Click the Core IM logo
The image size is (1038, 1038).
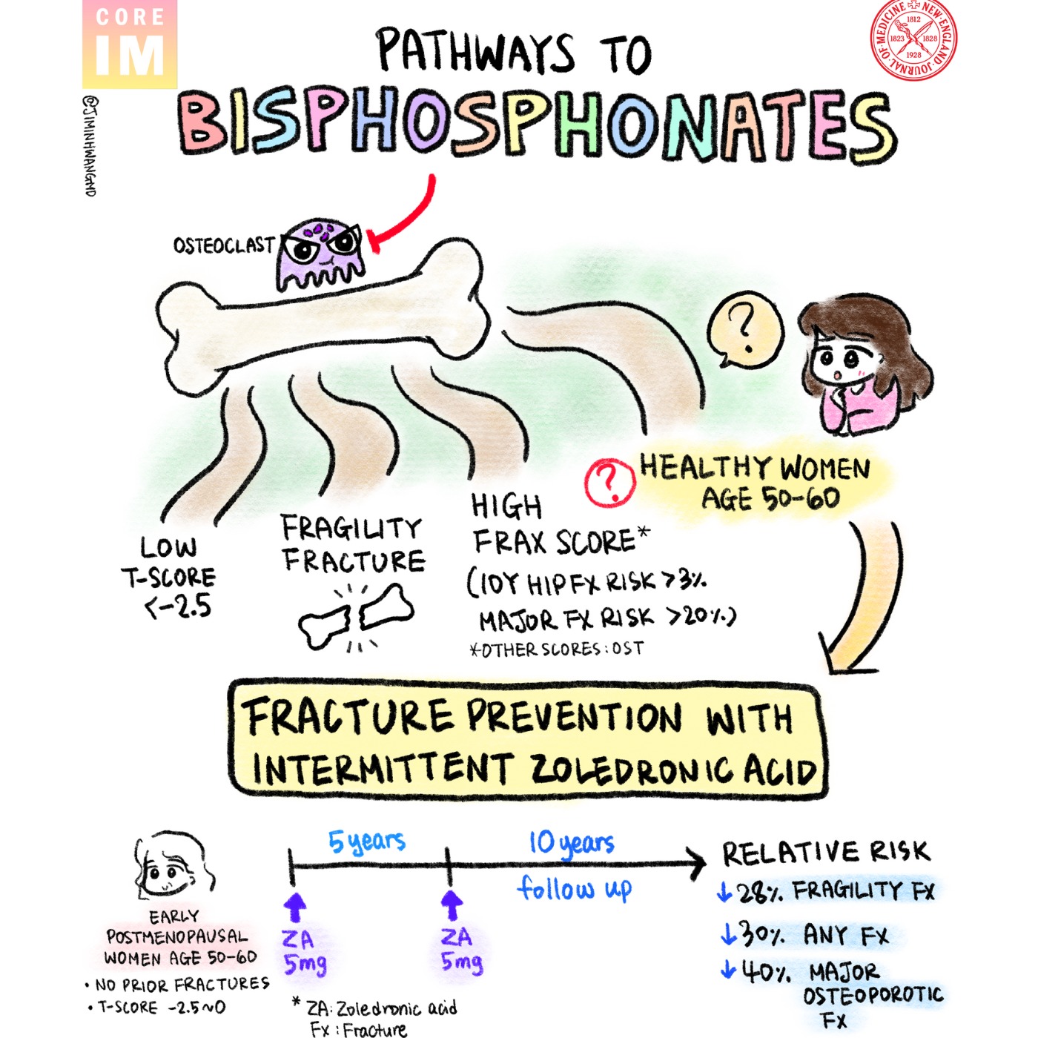[x=129, y=44]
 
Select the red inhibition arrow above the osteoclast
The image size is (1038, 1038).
[x=404, y=215]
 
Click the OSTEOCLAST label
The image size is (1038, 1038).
[x=223, y=245]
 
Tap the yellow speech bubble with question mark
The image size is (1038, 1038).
[x=744, y=331]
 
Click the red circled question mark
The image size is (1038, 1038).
[x=609, y=482]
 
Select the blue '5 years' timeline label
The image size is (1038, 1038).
[x=367, y=842]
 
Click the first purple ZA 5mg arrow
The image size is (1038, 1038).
[x=294, y=906]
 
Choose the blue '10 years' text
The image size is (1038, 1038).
[x=571, y=843]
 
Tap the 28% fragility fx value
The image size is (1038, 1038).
[x=753, y=891]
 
